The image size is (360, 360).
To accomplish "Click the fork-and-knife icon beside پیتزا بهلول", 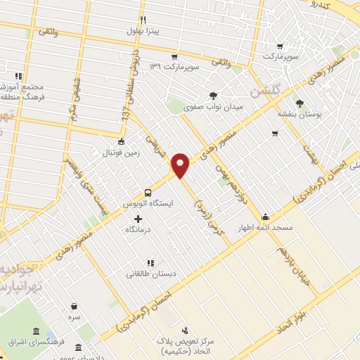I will click(143, 20).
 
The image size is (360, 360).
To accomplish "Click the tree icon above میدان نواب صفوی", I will click(213, 96).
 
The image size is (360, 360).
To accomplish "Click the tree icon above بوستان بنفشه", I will click(300, 103).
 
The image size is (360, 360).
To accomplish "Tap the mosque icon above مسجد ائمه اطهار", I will click(266, 217).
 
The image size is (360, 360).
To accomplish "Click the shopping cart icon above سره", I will click(75, 306).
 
